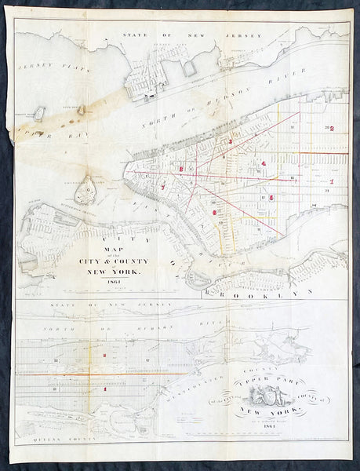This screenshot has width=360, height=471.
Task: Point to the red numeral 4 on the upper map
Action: pyautogui.click(x=264, y=162)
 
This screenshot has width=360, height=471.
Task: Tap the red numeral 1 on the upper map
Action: pyautogui.click(x=332, y=181)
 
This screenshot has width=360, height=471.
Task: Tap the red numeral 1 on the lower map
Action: pyautogui.click(x=104, y=388)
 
